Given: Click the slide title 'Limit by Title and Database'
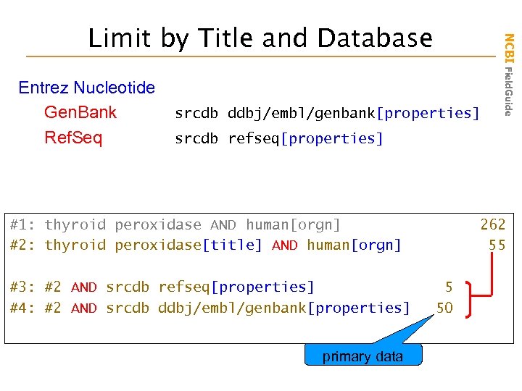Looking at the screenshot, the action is (260, 38).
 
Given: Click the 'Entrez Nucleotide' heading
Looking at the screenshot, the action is (86, 88).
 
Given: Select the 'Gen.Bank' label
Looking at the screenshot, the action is (80, 112).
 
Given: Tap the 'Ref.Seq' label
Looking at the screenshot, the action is (73, 138).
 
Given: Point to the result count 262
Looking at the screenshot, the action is (492, 224).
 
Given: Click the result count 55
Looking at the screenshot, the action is (497, 245).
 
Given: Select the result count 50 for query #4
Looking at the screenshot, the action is (444, 308).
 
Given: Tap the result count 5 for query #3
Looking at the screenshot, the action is (449, 287).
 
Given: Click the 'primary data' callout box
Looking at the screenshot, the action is (362, 356).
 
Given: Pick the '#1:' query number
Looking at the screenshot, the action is (23, 224).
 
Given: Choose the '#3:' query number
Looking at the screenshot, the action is (23, 287).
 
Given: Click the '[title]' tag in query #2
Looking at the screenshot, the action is (232, 245).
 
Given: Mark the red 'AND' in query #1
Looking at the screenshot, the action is (223, 224).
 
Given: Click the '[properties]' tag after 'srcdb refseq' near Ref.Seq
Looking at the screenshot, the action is (335, 138).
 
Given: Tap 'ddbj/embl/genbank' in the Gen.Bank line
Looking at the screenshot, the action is (302, 113).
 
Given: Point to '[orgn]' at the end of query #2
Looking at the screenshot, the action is (376, 245).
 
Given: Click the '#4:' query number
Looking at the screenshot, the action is (23, 308).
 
